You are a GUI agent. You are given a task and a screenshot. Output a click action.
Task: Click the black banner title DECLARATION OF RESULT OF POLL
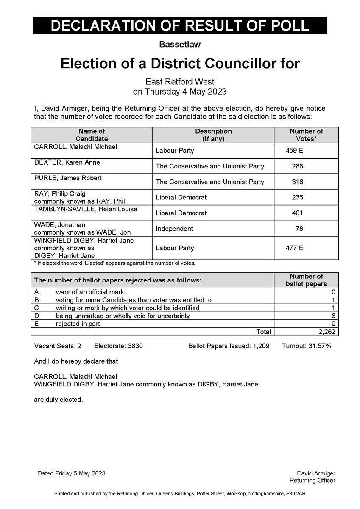180,25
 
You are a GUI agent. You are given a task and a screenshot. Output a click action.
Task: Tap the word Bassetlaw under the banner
180,44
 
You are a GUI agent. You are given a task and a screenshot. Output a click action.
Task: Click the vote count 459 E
295,151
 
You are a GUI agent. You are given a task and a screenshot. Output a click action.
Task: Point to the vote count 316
298,182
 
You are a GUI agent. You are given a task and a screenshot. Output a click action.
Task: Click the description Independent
174,229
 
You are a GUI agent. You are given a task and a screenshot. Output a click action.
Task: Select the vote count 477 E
295,248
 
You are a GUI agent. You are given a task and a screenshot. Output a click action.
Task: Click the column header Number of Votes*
306,135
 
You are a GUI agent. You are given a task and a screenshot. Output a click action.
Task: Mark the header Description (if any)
213,135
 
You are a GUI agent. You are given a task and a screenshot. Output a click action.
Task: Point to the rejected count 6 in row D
334,316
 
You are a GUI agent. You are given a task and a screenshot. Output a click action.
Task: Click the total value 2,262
326,332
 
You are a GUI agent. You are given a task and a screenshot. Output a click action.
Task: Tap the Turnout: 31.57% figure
306,346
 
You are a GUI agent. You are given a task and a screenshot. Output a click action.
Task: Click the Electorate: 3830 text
118,346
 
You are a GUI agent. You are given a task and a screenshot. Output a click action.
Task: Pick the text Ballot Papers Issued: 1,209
229,346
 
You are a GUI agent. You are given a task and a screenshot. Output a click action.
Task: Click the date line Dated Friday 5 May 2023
71,473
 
